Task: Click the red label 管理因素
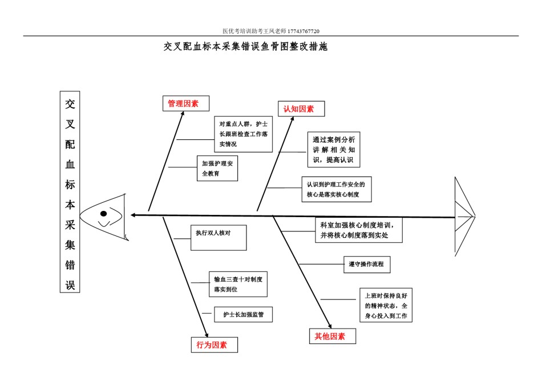183,103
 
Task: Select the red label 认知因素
298,109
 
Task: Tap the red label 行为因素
212,345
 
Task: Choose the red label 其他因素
330,336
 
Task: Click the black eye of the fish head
103,214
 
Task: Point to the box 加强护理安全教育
217,168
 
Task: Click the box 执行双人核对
219,238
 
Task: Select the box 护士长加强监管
244,314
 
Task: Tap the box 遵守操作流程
367,265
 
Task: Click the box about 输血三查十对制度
238,284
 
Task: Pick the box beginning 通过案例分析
334,150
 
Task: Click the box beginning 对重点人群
244,134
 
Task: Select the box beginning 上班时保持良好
386,305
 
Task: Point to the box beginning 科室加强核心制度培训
359,230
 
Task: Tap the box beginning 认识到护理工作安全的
337,189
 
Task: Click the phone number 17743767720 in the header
304,31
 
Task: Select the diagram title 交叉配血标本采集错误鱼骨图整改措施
245,46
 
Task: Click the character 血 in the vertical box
70,164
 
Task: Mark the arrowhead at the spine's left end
133,215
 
